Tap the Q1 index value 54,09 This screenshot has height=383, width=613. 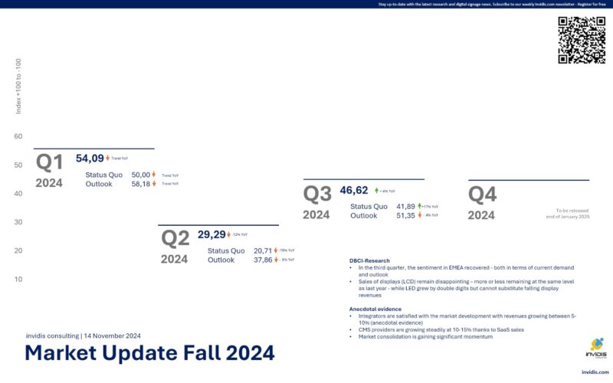tap(90, 159)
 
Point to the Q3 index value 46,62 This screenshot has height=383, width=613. tap(354, 190)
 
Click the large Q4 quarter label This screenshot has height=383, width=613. tap(483, 195)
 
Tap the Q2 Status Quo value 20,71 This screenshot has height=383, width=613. tap(263, 250)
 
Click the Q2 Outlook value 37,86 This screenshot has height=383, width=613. tap(263, 260)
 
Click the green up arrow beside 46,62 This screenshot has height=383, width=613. tap(376, 191)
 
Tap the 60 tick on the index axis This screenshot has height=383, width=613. tap(18, 136)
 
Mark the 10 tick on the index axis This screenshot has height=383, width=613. tap(18, 279)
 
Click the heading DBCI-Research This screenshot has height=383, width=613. tap(369, 260)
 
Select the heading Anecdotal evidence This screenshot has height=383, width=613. tap(375, 309)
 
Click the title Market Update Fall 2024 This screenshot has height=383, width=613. tap(149, 353)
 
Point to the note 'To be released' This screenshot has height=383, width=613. tap(573, 210)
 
